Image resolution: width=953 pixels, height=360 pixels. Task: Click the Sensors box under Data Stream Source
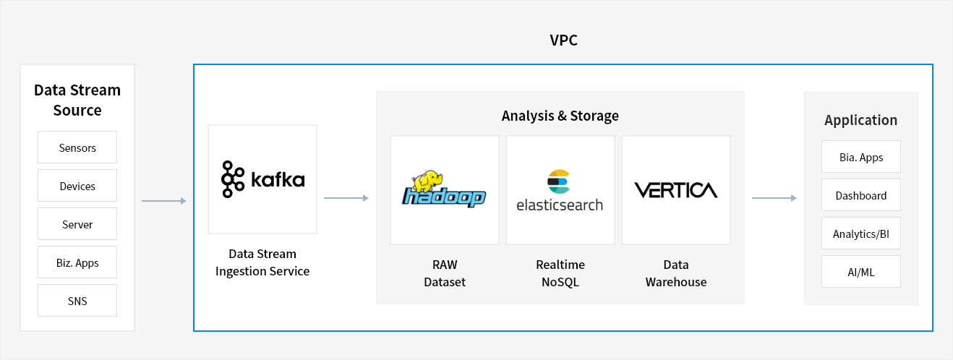pyautogui.click(x=77, y=147)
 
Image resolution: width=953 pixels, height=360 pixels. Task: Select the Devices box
pyautogui.click(x=77, y=186)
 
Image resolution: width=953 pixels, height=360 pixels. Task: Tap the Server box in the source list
pyautogui.click(x=77, y=224)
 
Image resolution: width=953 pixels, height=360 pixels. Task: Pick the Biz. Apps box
pyautogui.click(x=77, y=262)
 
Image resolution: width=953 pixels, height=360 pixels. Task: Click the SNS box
pyautogui.click(x=77, y=301)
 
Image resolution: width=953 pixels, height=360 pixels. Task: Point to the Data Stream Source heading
pyautogui.click(x=77, y=100)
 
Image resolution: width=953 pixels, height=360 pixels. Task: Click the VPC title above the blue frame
pyautogui.click(x=563, y=40)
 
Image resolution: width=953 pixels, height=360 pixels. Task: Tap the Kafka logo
pyautogui.click(x=262, y=179)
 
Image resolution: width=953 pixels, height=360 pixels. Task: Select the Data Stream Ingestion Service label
pyautogui.click(x=262, y=262)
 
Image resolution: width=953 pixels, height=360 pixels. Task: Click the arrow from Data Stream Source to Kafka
pyautogui.click(x=164, y=201)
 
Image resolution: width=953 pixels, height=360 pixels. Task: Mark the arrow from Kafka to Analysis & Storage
pyautogui.click(x=346, y=197)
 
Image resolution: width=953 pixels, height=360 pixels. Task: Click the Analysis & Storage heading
pyautogui.click(x=560, y=116)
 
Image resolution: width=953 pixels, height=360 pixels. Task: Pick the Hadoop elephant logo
pyautogui.click(x=445, y=190)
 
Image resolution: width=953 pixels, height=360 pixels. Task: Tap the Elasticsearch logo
pyautogui.click(x=560, y=190)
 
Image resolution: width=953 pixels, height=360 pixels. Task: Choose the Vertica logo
pyautogui.click(x=676, y=190)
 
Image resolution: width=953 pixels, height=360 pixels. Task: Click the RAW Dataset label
pyautogui.click(x=445, y=273)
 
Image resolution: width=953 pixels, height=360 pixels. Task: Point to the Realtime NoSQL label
pyautogui.click(x=560, y=273)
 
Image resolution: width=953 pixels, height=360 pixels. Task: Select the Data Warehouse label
pyautogui.click(x=676, y=273)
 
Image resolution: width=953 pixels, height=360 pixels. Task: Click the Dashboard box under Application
pyautogui.click(x=861, y=195)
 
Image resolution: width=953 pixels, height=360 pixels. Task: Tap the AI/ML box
pyautogui.click(x=861, y=272)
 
